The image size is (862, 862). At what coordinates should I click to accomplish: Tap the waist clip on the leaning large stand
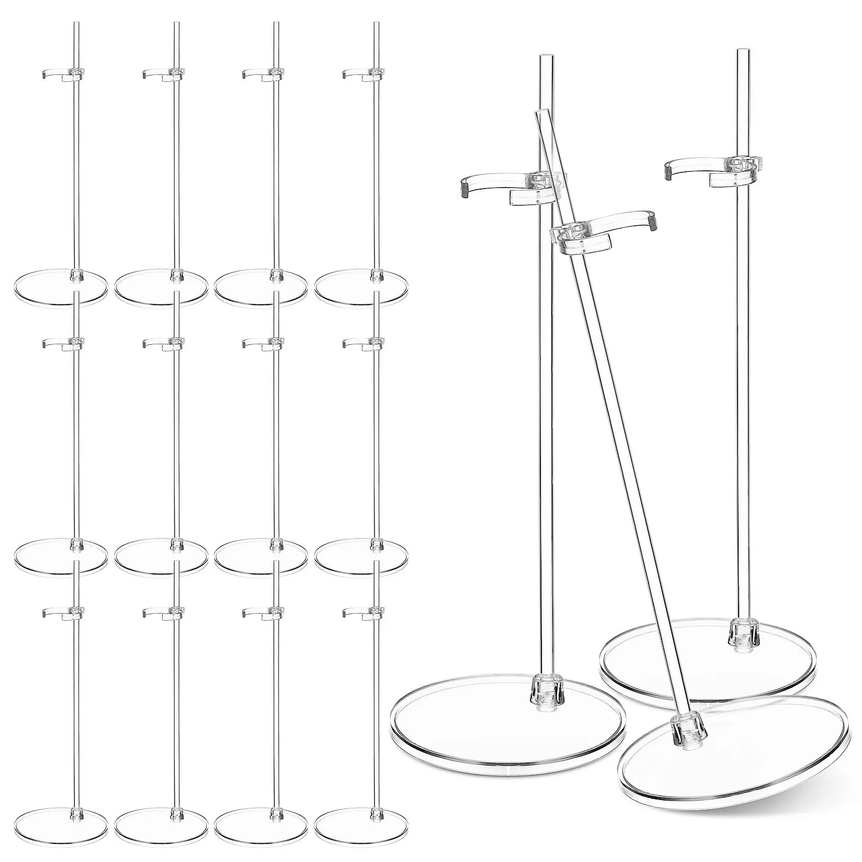click(x=603, y=229)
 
